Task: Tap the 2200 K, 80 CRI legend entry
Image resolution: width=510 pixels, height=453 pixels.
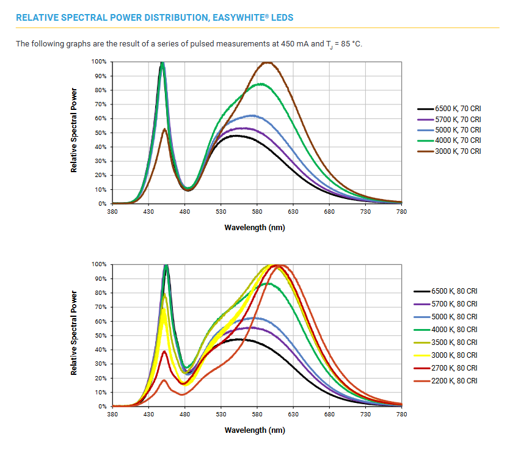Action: tap(454, 381)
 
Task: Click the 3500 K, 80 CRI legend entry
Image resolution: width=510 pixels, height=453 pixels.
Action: tap(454, 342)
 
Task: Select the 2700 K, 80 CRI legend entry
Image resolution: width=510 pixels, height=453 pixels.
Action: tap(454, 368)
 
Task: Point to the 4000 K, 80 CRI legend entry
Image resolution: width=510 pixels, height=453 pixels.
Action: tap(454, 330)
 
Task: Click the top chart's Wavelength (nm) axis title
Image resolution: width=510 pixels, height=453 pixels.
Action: tap(255, 228)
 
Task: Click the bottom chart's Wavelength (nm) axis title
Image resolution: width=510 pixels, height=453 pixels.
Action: tap(255, 430)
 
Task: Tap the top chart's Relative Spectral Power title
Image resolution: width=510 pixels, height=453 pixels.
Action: tap(74, 130)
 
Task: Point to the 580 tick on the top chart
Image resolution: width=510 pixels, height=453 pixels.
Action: tap(257, 211)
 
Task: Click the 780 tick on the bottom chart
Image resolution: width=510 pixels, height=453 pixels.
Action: tap(401, 415)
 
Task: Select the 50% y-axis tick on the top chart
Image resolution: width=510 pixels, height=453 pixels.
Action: tap(100, 133)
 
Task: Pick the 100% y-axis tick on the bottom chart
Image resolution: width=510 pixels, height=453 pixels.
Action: tap(98, 265)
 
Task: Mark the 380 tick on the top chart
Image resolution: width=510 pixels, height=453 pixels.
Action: tap(112, 211)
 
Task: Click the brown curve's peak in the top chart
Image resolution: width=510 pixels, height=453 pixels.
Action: tap(267, 62)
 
